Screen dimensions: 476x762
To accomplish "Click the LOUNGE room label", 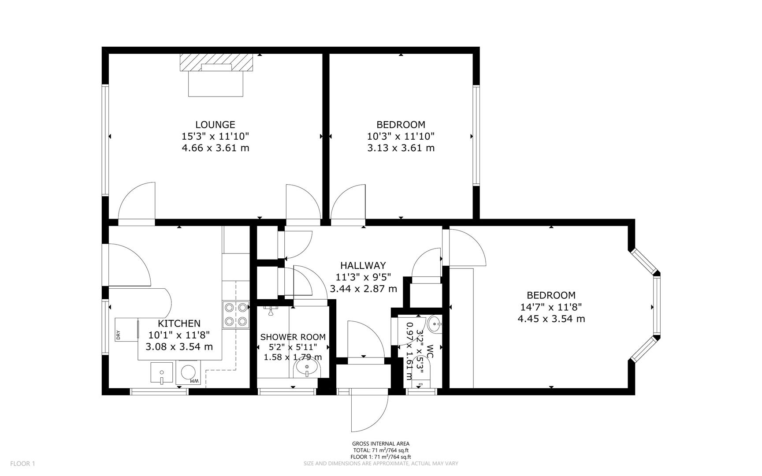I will coord(215,125).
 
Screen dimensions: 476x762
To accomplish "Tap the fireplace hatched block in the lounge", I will coord(217,62).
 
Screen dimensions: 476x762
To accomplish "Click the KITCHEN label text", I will coord(179,324).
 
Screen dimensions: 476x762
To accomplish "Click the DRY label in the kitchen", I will coord(118,335).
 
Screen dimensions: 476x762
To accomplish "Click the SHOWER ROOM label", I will coord(293,337).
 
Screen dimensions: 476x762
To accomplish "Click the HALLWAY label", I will coord(363,265).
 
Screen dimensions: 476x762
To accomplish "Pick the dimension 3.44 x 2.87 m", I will coord(363,289).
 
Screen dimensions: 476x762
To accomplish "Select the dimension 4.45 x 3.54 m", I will coord(551,319).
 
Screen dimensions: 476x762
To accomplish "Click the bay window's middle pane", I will coord(657,306).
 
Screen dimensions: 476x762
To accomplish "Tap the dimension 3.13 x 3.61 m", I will coord(401,148).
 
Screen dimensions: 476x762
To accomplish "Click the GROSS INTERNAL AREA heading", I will coord(381,444).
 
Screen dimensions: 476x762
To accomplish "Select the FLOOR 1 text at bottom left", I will coord(22,463).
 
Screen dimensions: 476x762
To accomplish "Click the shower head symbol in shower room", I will coord(272,311).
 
